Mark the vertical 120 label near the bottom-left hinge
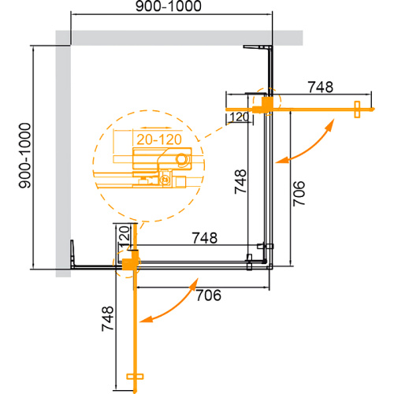tap(122, 237)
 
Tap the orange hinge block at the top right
tap(269, 104)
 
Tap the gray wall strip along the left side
tap(62, 158)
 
